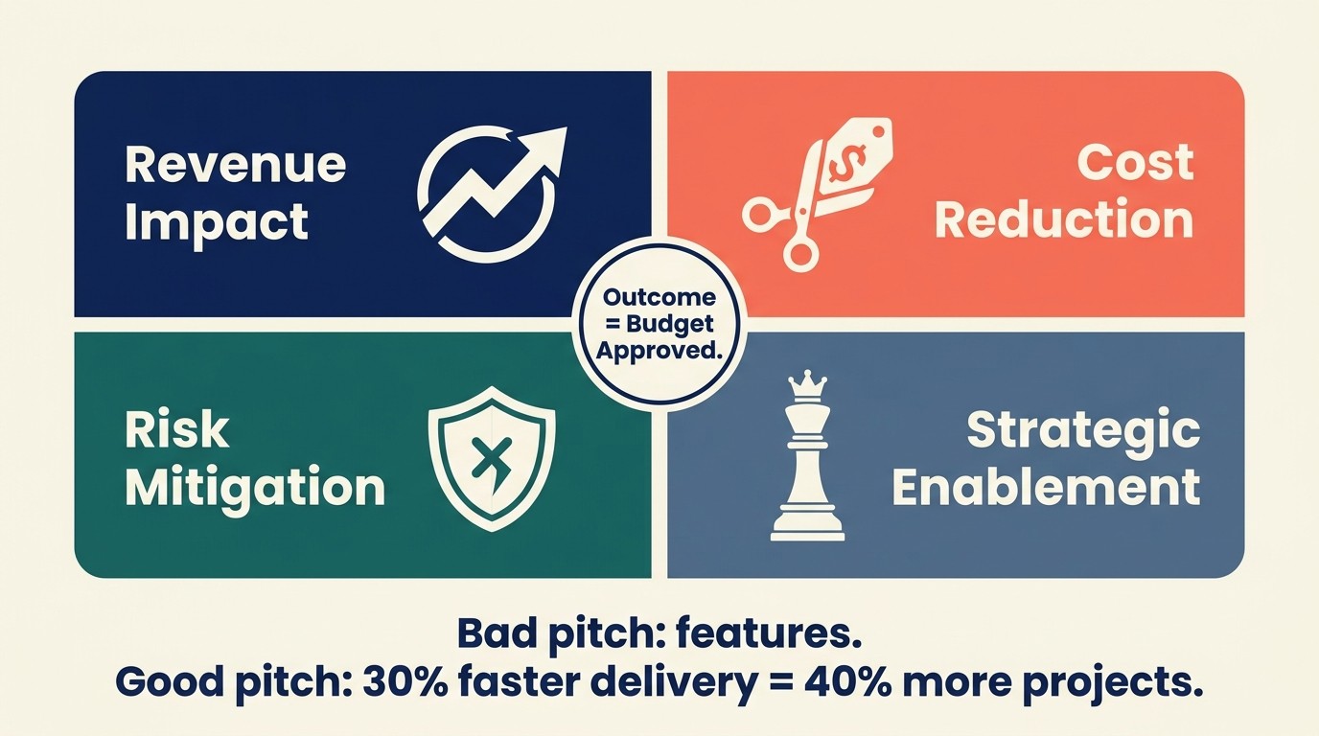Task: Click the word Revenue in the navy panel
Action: coord(235,165)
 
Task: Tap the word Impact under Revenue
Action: coord(217,222)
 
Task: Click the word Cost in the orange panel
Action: coord(1135,163)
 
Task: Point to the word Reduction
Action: coord(1064,220)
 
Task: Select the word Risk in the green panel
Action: coord(176,431)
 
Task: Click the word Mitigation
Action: coord(255,488)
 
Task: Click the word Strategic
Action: coord(1082,430)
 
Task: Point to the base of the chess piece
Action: coord(807,525)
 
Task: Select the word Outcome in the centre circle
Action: coord(659,297)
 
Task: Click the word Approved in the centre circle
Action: coord(659,350)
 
